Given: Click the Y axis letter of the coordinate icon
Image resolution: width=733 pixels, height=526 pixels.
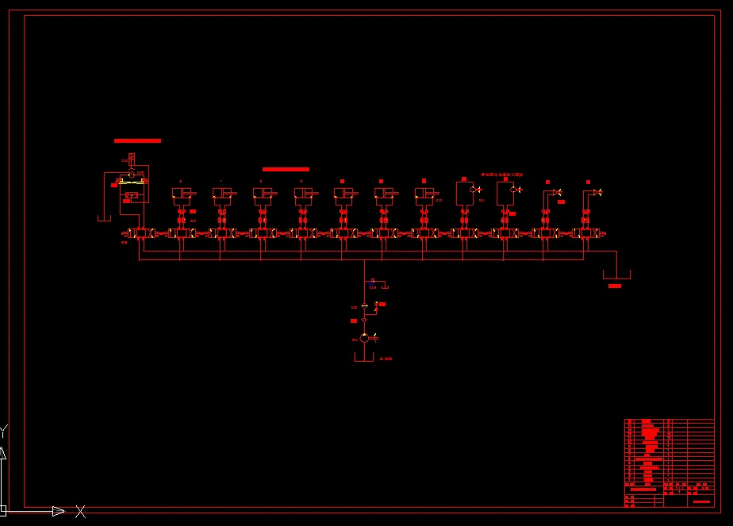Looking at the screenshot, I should point(3,432).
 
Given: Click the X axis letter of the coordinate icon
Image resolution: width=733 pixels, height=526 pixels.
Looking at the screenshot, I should point(80,512).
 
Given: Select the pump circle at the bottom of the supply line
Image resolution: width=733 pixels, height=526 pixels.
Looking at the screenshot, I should point(364,338).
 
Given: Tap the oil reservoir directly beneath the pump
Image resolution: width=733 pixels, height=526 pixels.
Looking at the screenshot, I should point(363,356).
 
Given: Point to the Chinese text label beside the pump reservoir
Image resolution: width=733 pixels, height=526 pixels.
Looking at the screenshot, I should point(386,359).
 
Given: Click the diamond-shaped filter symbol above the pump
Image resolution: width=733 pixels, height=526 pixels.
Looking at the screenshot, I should point(364,320).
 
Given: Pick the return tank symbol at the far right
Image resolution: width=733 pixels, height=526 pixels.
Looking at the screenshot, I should point(616,275).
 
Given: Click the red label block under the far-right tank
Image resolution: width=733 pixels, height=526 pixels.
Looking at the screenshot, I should point(615,286).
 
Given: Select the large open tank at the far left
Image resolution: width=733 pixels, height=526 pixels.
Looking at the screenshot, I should point(104,217).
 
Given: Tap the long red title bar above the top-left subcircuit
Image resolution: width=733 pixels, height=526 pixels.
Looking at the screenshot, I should point(137,140).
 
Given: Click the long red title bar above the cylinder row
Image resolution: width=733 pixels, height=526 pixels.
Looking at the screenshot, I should point(286,169).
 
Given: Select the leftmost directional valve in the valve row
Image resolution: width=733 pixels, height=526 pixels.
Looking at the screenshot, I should point(140,233).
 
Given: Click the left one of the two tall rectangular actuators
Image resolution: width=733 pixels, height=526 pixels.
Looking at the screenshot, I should point(464,193).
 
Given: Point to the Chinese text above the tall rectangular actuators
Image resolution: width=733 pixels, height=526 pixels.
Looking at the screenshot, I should point(502,174).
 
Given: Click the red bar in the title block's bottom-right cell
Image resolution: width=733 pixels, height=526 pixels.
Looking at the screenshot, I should point(702,501).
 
